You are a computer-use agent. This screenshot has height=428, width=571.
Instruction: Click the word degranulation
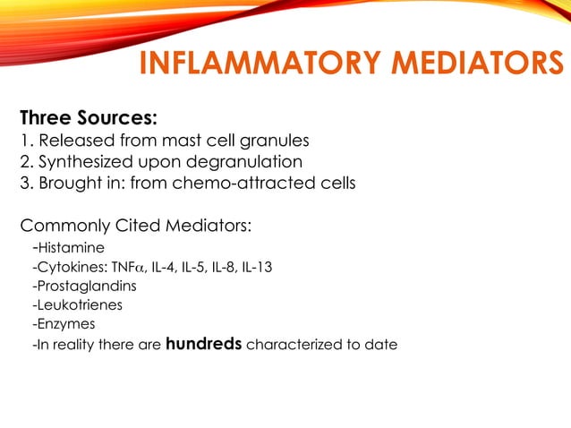coord(249,162)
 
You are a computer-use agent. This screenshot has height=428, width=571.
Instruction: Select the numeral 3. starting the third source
coord(27,184)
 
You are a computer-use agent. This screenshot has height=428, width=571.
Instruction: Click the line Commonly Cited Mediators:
coord(135,225)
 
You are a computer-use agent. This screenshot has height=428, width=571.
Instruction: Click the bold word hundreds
coord(203,344)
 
